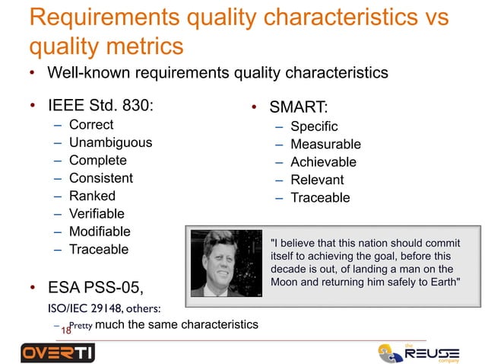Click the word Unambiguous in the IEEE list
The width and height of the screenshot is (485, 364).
(x=110, y=142)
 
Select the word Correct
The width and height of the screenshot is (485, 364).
(x=91, y=124)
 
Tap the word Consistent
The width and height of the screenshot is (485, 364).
(x=100, y=178)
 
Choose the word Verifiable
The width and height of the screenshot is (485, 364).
(x=97, y=214)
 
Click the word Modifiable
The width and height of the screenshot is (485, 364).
(x=100, y=231)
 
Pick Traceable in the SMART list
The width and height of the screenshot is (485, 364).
(x=319, y=198)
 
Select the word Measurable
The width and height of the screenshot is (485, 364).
(x=325, y=145)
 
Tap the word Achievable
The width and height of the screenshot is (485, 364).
(x=322, y=162)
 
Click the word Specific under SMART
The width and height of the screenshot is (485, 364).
(x=313, y=126)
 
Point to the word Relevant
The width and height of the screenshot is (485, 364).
(x=317, y=180)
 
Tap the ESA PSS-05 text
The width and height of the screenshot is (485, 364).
(x=95, y=289)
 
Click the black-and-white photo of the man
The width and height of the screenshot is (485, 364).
(x=226, y=263)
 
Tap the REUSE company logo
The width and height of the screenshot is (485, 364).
(x=421, y=353)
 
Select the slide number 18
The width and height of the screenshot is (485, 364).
(x=65, y=331)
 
